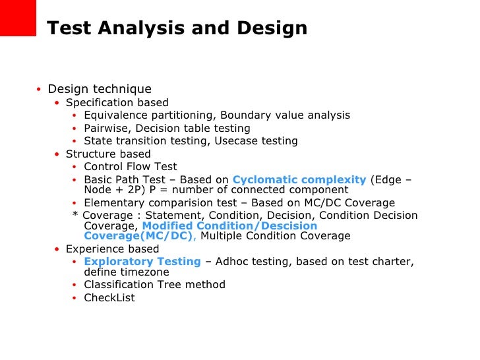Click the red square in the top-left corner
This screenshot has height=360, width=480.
click(x=17, y=17)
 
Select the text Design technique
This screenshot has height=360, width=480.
click(x=100, y=89)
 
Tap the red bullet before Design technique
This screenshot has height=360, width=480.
click(x=39, y=90)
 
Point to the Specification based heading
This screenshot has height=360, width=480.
click(x=117, y=103)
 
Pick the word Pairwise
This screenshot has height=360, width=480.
click(x=105, y=129)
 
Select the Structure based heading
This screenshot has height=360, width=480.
click(x=108, y=154)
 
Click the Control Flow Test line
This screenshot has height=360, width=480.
click(x=130, y=167)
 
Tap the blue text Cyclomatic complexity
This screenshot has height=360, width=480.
click(x=299, y=180)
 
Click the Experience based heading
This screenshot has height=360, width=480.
click(x=112, y=249)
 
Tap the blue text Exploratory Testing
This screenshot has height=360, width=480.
click(x=142, y=262)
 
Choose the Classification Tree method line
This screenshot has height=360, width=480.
click(x=154, y=285)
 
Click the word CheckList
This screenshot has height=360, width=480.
click(x=109, y=298)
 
